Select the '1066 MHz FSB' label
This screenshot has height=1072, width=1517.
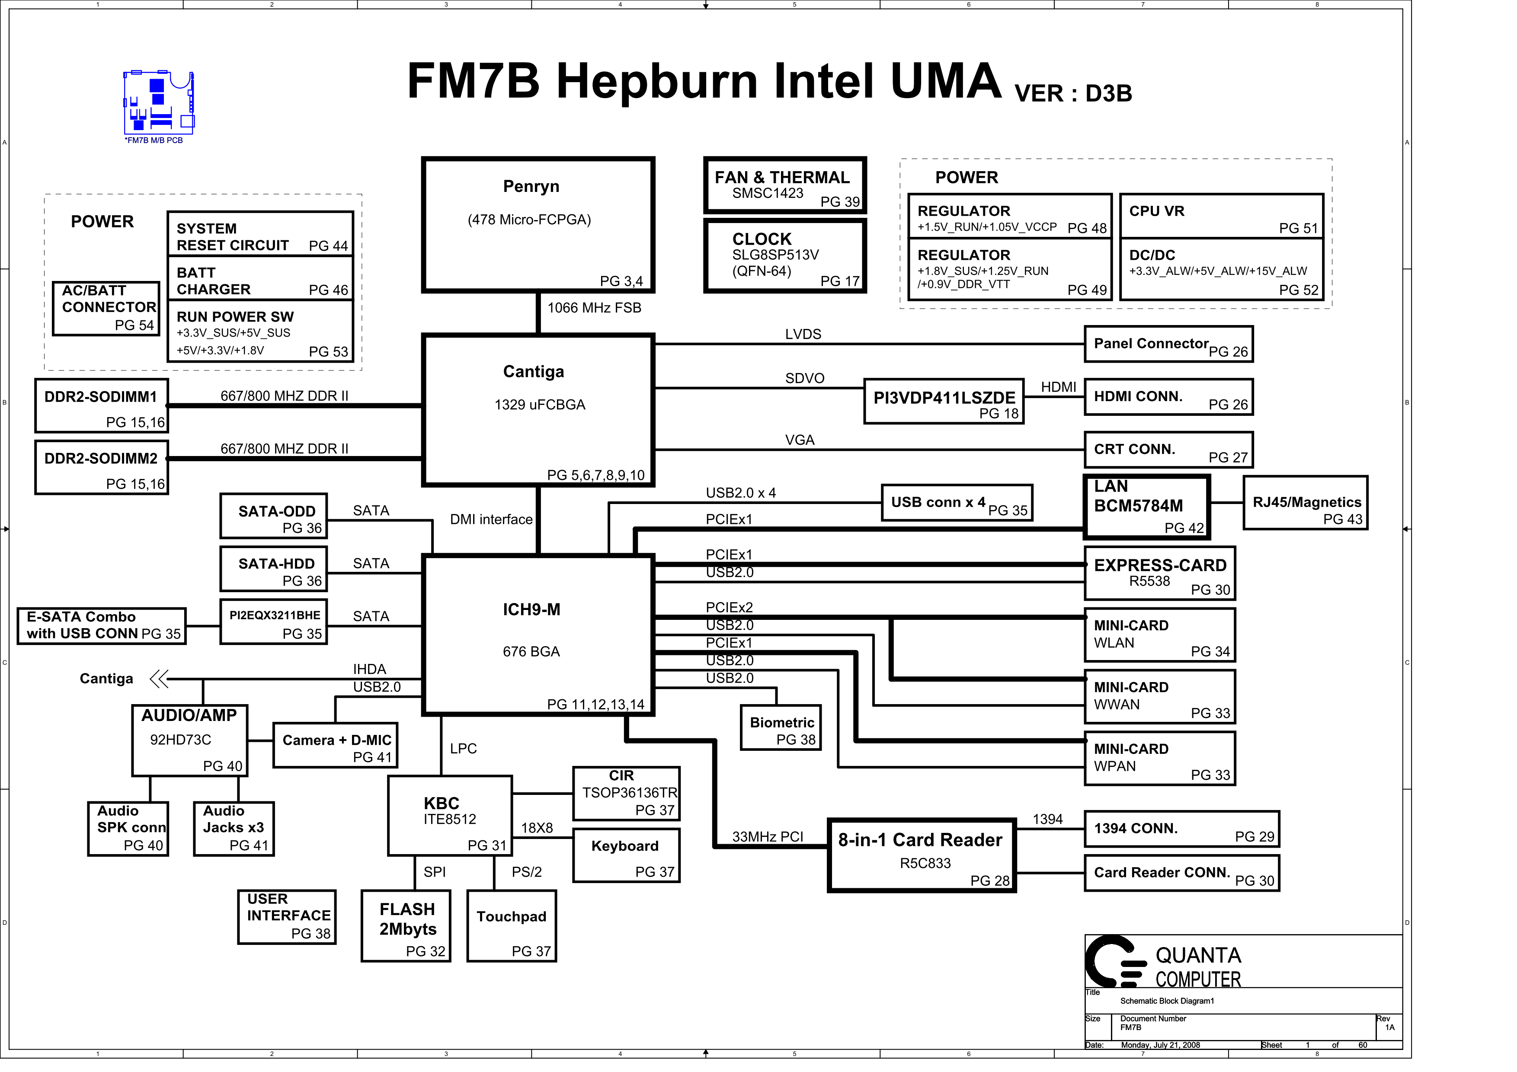tap(594, 308)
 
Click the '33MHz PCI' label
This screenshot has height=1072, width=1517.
tap(768, 837)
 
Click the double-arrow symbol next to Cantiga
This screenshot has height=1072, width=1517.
tap(159, 679)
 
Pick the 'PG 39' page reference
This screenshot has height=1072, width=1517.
tap(840, 202)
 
